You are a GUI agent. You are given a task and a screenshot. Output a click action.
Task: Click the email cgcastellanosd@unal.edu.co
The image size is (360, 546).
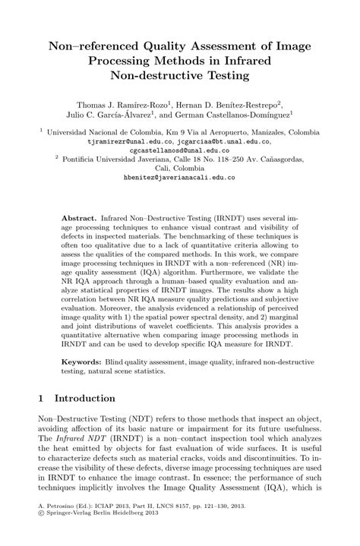pos(179,150)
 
